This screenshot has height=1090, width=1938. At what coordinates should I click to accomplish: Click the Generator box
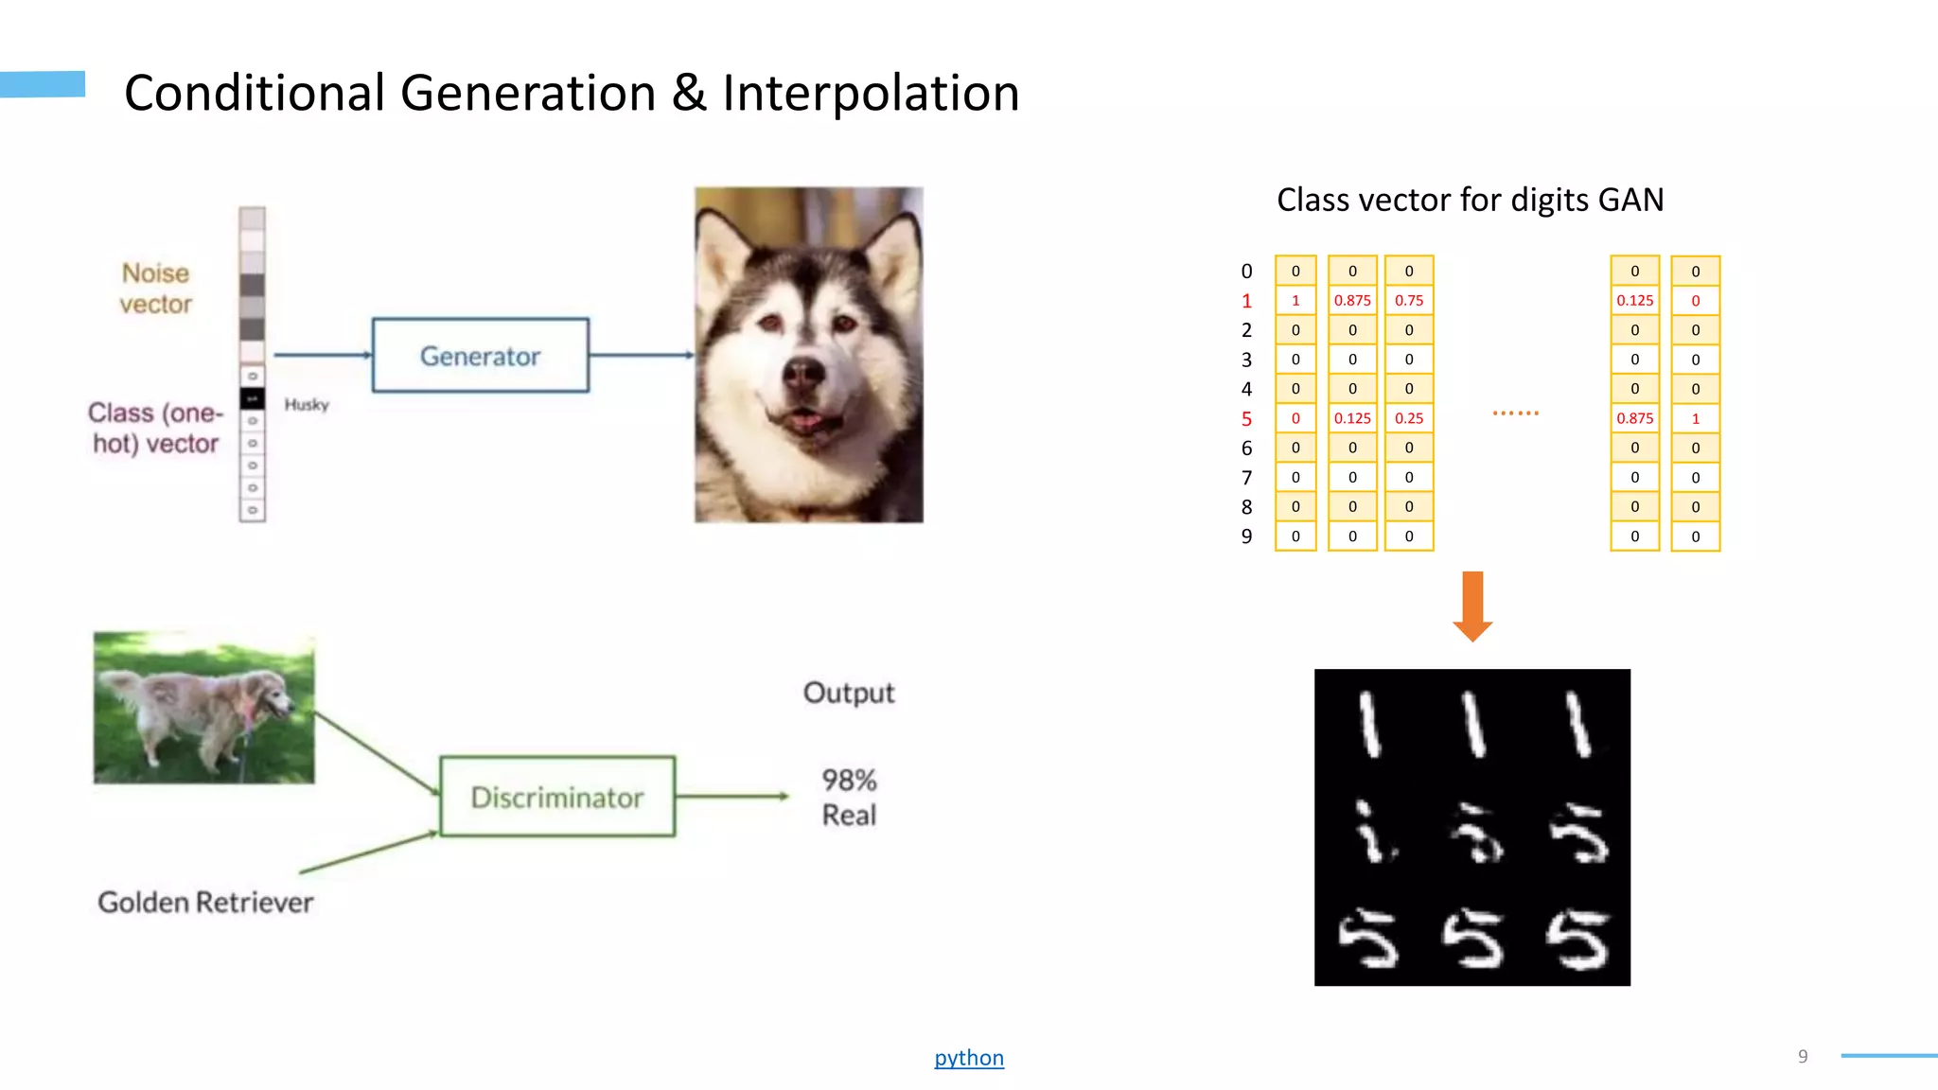(x=480, y=356)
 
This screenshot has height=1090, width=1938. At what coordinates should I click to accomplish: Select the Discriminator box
(x=557, y=797)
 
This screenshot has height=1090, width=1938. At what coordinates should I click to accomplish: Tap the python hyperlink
(x=969, y=1057)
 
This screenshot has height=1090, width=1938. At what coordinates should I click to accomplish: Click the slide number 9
(x=1803, y=1056)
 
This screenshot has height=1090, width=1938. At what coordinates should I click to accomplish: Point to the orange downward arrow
(x=1472, y=607)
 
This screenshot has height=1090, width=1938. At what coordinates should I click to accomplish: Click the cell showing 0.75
(x=1409, y=300)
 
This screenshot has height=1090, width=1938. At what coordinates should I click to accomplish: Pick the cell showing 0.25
(x=1409, y=418)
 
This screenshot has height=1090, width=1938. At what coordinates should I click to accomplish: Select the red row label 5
(x=1246, y=418)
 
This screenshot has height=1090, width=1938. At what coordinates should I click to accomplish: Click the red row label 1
(x=1246, y=301)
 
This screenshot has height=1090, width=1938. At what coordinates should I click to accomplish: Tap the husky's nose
(x=805, y=373)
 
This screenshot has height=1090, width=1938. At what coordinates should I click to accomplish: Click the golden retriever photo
(x=203, y=707)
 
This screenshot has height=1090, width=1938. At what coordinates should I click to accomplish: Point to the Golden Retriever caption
(x=205, y=902)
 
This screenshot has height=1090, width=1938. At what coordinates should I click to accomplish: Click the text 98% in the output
(x=849, y=781)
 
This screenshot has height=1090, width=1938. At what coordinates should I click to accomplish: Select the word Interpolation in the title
(x=871, y=93)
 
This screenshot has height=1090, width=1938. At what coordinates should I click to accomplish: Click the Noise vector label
(x=155, y=289)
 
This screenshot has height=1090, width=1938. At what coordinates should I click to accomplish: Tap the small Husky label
(x=307, y=405)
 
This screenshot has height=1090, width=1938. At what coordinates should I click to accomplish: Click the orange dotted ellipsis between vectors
(x=1515, y=413)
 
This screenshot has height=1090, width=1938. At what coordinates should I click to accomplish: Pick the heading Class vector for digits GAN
(x=1470, y=200)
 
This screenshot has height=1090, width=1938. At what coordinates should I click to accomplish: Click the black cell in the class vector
(x=252, y=398)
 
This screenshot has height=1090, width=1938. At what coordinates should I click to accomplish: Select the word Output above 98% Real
(x=848, y=693)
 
